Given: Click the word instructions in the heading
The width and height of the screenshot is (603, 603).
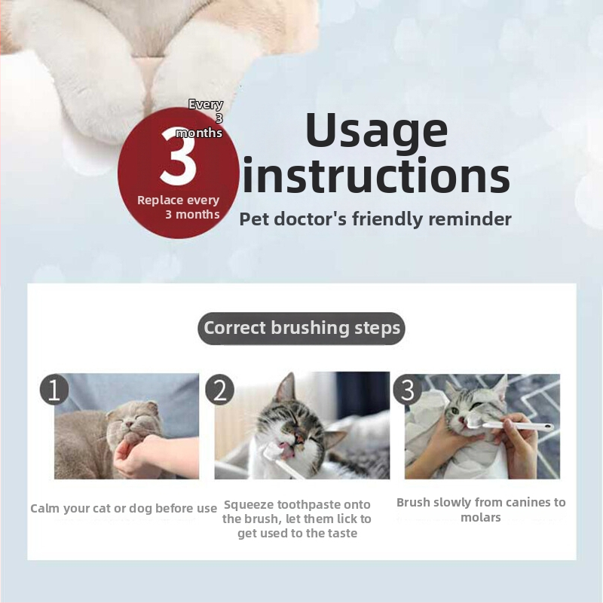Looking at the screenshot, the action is coord(376,175).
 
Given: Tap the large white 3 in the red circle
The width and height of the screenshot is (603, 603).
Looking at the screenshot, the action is coord(179,156).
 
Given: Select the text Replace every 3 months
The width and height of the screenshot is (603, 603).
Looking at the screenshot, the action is coord(179,207).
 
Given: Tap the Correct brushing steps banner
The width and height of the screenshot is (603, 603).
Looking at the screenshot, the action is coord(301,328).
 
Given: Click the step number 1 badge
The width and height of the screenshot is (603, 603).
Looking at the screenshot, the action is coord(54,389).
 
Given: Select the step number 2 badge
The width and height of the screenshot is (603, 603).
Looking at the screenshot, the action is coord(219,390).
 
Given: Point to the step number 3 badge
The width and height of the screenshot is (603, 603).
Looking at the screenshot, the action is coord(407,390).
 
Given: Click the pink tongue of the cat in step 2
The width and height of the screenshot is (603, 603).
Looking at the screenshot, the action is coord(286,451).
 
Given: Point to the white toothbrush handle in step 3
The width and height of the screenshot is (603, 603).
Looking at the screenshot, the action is coord(517,425).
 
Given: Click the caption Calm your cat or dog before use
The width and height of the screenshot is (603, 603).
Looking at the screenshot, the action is coord(124,508).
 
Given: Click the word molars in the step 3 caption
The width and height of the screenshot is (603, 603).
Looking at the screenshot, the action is coord(481,518).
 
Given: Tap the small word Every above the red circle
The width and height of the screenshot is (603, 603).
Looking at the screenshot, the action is coord(206,104).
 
